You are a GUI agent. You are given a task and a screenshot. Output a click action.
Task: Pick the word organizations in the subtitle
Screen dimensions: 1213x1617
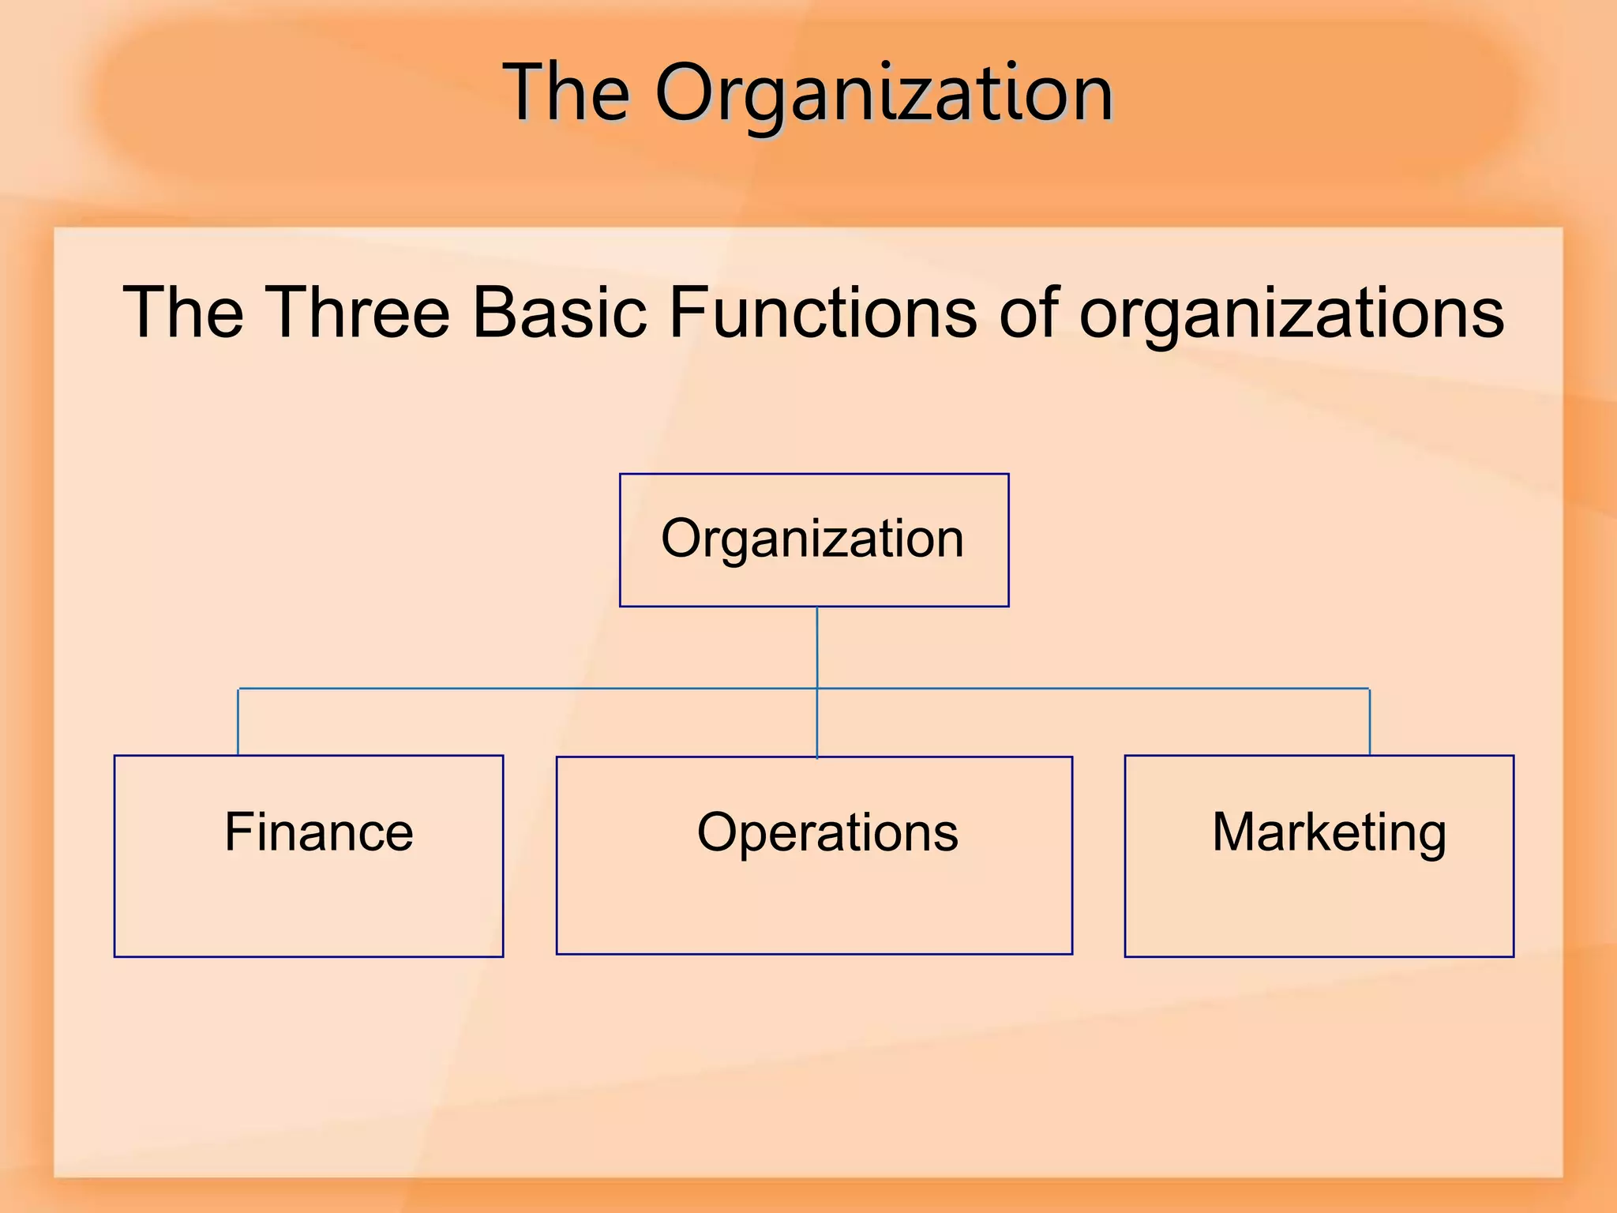coord(1292,314)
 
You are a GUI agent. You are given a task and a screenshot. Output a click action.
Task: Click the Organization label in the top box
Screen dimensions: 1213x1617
coord(812,539)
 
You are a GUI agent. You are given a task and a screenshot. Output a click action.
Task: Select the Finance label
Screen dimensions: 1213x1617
coord(319,832)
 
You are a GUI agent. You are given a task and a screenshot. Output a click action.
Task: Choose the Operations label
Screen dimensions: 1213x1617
coord(827,832)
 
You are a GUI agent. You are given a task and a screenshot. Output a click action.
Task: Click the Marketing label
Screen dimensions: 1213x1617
coord(1329,833)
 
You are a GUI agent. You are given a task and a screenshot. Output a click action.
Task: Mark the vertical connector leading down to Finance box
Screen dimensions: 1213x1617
coord(238,722)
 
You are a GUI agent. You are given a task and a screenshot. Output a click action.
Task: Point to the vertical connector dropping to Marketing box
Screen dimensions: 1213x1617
coord(1370,722)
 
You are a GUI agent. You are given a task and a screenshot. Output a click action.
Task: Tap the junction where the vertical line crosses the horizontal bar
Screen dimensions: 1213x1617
coord(817,689)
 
